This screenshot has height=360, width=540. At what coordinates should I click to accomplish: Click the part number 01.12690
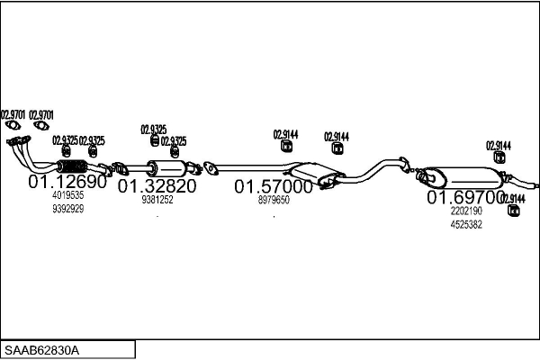point(67,181)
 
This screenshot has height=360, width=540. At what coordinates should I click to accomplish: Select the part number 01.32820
point(157,186)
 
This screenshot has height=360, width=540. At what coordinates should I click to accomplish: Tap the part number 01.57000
point(274,187)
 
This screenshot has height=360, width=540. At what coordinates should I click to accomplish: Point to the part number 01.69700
point(465,196)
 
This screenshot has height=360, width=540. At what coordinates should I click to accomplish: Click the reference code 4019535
point(68,195)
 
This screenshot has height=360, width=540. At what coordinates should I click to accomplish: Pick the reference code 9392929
point(68,209)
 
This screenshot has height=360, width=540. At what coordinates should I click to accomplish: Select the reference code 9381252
point(157,200)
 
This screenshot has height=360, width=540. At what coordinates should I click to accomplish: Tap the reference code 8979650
point(274,201)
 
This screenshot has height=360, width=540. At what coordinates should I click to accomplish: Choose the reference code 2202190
point(466,211)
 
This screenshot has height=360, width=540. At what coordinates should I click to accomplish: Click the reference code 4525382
point(466,224)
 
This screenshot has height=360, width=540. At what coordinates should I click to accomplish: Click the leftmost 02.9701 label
point(13,114)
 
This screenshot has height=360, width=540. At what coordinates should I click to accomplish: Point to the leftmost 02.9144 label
point(285,135)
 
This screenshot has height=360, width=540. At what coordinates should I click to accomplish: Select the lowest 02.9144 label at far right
point(513,198)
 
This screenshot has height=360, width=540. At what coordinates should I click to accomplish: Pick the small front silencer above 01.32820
point(166,168)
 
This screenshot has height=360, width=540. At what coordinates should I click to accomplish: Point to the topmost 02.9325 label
point(153,130)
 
